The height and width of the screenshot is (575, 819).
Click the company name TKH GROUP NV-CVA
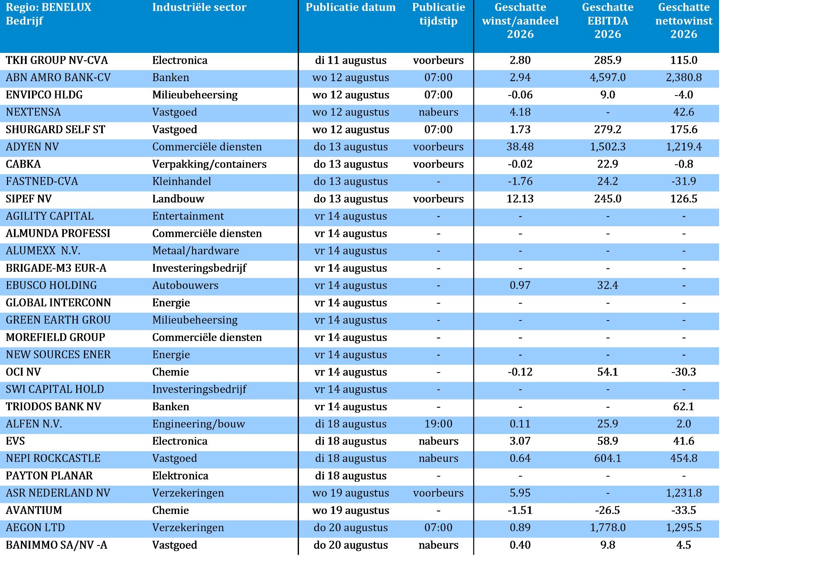57,60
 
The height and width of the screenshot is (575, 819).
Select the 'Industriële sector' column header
199,7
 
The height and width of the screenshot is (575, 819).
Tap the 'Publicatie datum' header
351,7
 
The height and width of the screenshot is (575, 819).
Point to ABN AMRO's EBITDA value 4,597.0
608,77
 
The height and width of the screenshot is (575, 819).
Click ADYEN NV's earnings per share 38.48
520,147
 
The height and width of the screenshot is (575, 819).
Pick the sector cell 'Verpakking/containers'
209,164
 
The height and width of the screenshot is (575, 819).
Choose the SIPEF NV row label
29,199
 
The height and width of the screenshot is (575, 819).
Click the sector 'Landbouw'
178,199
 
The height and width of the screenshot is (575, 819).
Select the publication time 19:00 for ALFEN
439,424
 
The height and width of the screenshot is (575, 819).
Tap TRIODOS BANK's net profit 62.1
684,407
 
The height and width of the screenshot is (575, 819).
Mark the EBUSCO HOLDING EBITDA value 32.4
608,285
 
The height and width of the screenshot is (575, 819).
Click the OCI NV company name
23,372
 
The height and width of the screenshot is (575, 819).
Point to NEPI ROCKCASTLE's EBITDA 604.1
608,458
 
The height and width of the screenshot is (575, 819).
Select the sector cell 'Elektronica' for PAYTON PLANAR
180,476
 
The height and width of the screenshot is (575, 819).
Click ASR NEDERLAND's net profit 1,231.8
684,493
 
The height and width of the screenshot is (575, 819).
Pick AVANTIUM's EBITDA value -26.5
608,510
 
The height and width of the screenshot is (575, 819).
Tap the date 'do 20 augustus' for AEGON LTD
351,527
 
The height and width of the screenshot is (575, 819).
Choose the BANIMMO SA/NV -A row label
57,545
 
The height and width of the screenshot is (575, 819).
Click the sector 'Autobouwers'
185,285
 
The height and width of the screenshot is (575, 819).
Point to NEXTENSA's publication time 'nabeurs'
439,112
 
